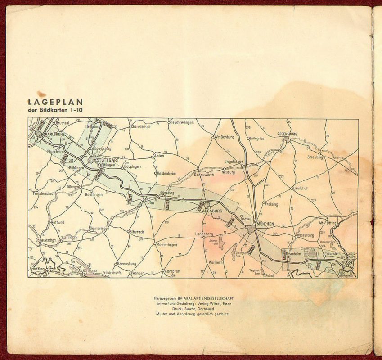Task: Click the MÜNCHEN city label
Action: point(265,224)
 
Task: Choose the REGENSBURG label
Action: point(288,134)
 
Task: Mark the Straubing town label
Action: point(315,157)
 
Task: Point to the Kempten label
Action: point(172,271)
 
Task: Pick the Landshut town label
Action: point(302,189)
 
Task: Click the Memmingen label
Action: point(166,245)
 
